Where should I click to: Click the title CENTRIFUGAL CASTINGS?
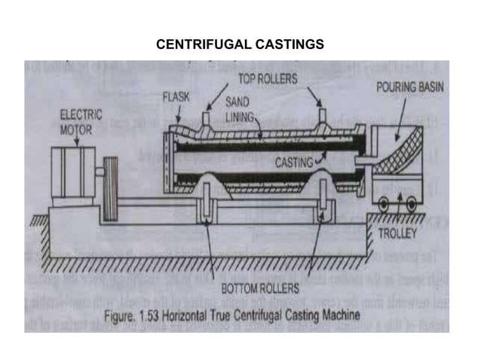[x=240, y=44]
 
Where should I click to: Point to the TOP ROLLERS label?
[x=268, y=78]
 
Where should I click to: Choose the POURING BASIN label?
[x=410, y=87]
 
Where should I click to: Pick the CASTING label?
[x=294, y=162]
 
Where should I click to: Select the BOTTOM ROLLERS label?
[x=260, y=288]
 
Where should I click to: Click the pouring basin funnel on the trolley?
[x=400, y=158]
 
